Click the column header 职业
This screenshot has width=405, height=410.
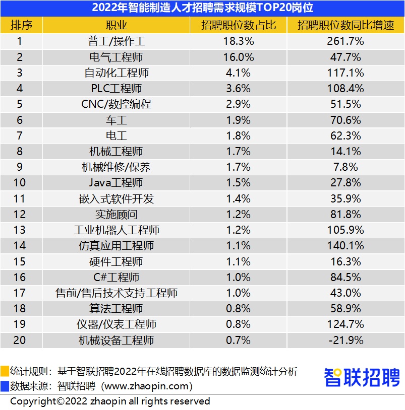click(x=116, y=25)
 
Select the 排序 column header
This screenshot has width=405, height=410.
click(x=21, y=25)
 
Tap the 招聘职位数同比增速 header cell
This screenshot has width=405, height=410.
click(x=345, y=25)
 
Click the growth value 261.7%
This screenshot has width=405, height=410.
click(x=345, y=41)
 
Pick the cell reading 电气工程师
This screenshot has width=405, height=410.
click(x=116, y=57)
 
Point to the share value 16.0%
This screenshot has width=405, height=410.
click(x=239, y=57)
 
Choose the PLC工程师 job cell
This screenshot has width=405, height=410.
click(x=116, y=88)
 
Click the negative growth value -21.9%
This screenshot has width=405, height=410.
click(x=346, y=340)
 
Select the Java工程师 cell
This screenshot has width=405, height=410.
click(x=116, y=182)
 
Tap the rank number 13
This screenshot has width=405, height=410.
click(x=20, y=230)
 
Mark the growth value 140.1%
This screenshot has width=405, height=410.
click(x=345, y=245)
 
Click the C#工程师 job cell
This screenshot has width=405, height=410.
click(x=116, y=277)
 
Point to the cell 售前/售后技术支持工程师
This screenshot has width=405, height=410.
click(x=116, y=293)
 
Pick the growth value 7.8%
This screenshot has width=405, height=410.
click(x=345, y=167)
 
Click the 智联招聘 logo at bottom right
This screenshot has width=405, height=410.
click(x=362, y=377)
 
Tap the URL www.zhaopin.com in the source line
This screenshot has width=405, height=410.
click(x=147, y=386)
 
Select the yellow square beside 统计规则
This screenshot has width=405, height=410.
click(x=5, y=371)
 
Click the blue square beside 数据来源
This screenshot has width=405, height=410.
click(x=5, y=386)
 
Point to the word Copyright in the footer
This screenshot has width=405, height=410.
click(x=33, y=401)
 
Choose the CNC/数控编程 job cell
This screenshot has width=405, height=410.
click(x=116, y=104)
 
